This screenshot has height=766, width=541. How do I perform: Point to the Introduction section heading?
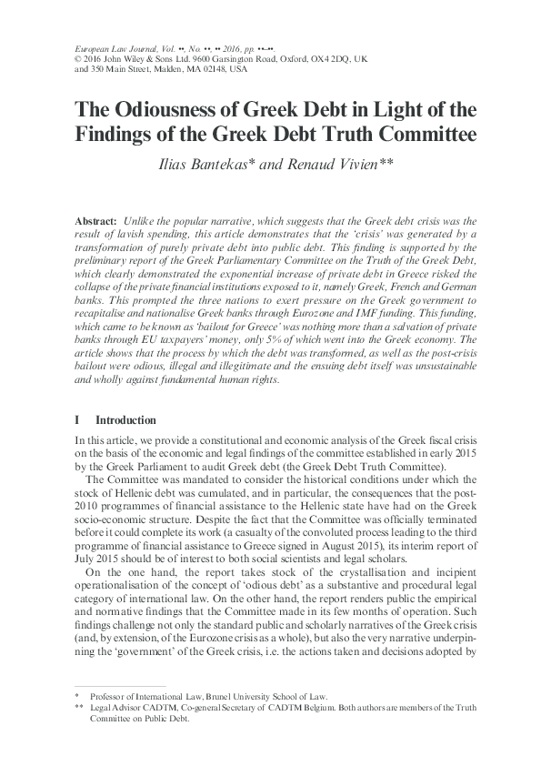point(125,420)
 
